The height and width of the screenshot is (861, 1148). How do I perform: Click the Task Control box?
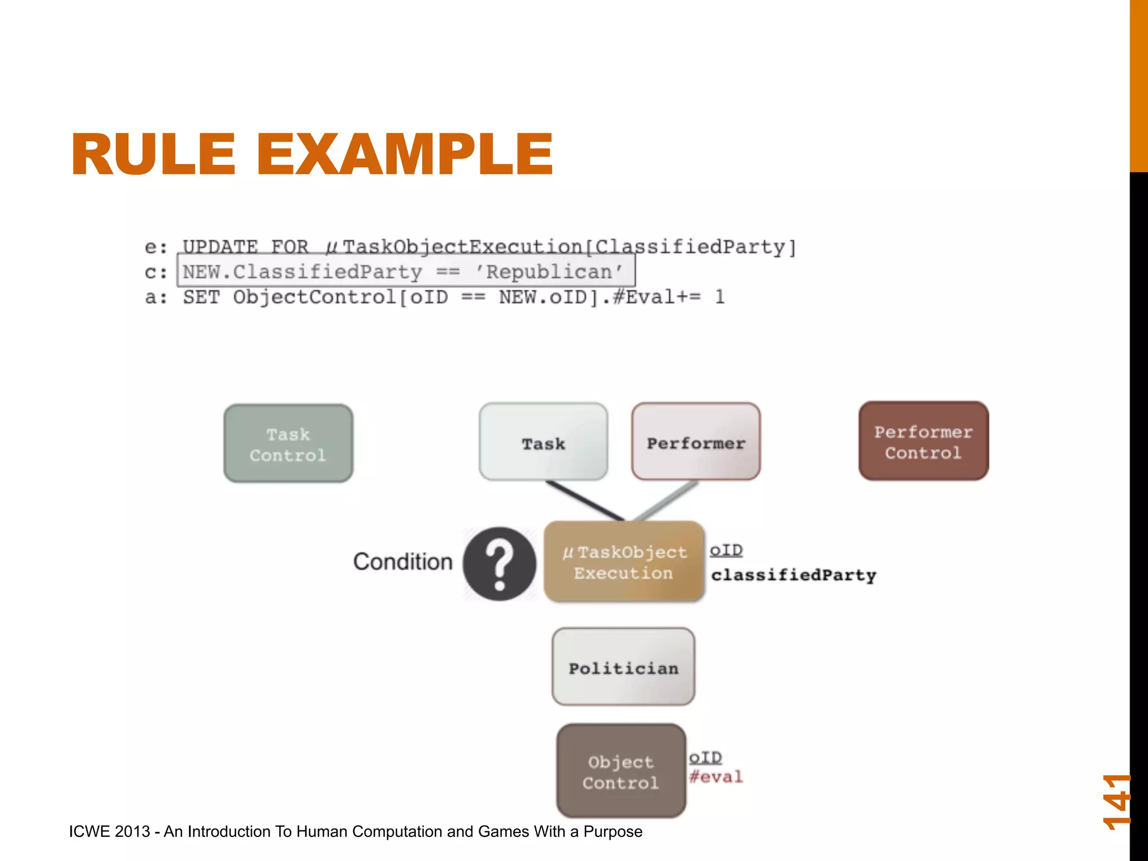coord(288,443)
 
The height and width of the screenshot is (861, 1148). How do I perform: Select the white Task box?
coord(543,442)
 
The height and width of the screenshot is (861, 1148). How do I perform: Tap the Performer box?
coord(696,442)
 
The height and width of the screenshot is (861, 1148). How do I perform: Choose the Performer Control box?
coord(923,441)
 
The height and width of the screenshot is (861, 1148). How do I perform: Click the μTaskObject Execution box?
coord(624,562)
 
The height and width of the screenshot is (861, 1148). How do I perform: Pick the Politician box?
coord(623,667)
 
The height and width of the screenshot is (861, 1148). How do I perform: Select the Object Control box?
coord(621,771)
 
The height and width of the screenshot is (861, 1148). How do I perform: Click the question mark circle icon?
coord(499,563)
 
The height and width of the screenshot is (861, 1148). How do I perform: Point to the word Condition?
coord(402,562)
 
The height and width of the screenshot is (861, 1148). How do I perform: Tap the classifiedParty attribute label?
coord(793,575)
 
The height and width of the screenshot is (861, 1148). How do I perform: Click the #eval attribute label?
coord(716,777)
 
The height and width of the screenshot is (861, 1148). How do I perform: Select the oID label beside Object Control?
coord(705,758)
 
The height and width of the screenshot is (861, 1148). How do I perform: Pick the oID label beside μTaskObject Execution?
coord(726,550)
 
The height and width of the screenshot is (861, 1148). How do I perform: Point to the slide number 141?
coord(1116,802)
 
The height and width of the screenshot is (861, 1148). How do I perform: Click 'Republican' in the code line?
coord(549,272)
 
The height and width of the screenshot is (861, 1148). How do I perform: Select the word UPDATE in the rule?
coord(220,247)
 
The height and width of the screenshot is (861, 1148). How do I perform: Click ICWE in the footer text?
coord(90,831)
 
